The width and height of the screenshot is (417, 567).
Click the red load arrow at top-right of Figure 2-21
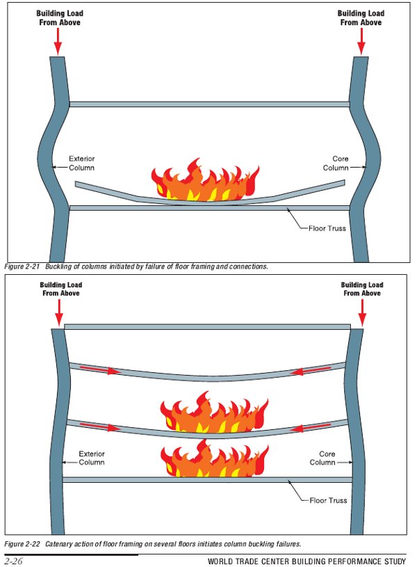click(361, 41)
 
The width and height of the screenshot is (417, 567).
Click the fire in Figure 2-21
click(207, 182)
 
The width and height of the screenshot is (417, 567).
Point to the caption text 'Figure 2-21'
click(22, 266)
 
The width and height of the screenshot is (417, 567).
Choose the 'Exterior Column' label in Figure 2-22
click(92, 458)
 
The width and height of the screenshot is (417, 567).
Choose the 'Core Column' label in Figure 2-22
click(322, 458)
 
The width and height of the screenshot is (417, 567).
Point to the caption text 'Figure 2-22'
click(22, 543)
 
